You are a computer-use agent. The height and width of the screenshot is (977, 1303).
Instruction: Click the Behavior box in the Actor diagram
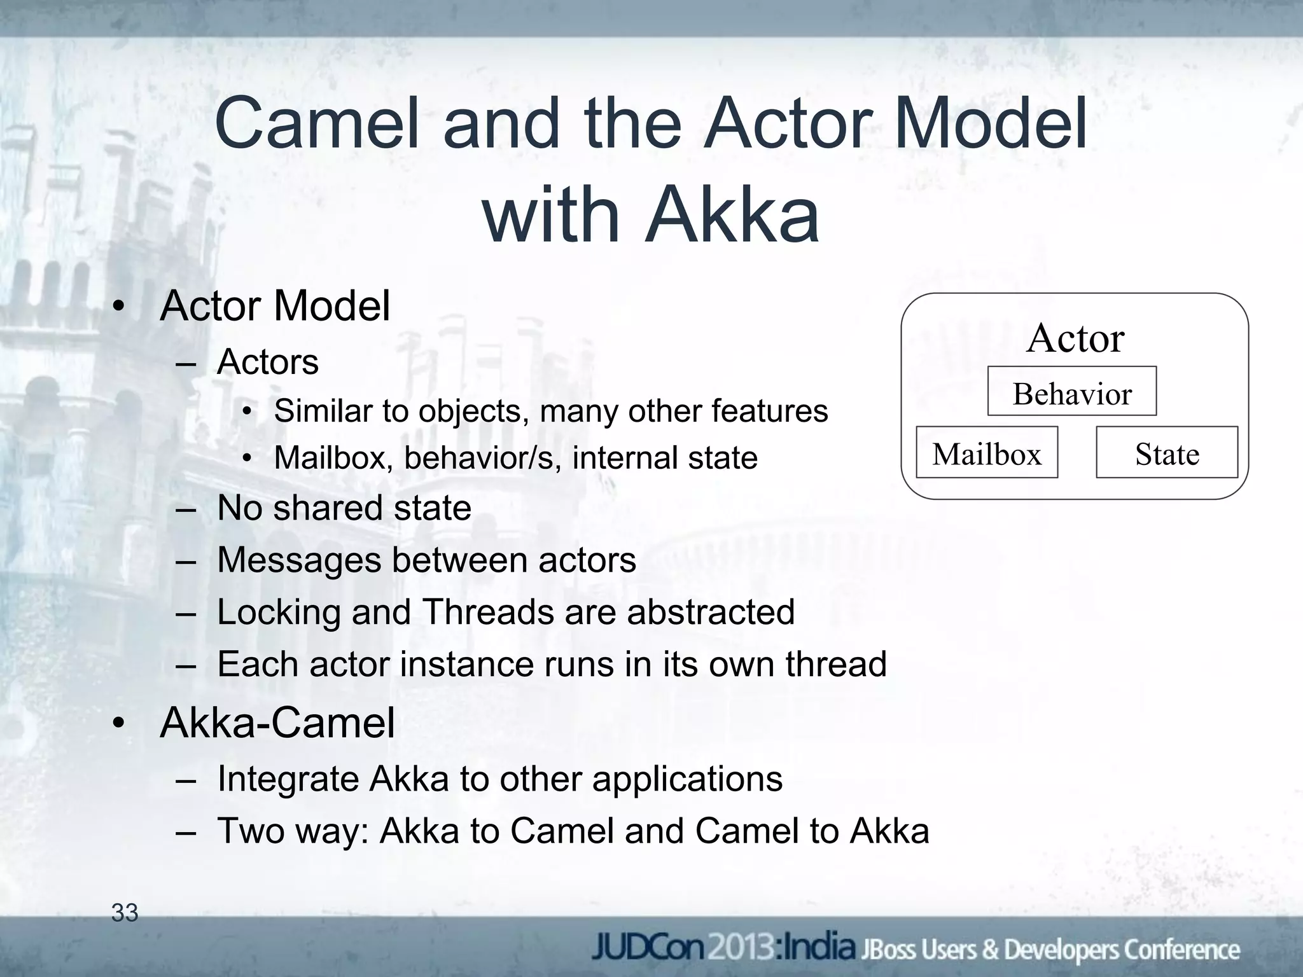point(1071,392)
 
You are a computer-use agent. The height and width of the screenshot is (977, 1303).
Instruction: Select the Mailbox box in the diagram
point(986,453)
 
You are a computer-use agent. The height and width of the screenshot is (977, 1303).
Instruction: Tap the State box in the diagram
point(1167,453)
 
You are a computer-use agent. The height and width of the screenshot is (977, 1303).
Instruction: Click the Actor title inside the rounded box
point(1075,338)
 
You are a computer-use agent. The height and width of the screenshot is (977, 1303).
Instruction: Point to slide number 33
point(125,913)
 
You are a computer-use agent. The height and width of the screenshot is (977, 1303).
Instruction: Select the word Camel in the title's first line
point(317,123)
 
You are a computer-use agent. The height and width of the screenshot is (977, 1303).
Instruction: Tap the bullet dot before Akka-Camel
point(118,725)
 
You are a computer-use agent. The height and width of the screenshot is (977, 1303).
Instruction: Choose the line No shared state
point(344,508)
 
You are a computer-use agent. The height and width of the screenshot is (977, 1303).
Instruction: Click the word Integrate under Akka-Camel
point(288,779)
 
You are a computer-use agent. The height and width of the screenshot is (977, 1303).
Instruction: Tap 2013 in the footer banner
point(741,949)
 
